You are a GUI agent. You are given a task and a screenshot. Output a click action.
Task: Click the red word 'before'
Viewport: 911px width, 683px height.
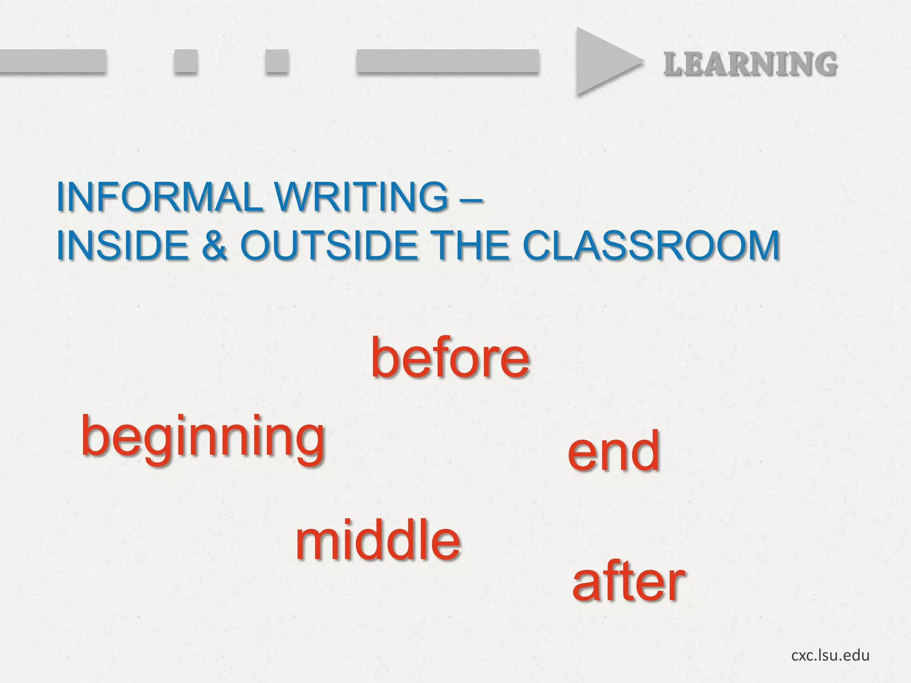click(450, 358)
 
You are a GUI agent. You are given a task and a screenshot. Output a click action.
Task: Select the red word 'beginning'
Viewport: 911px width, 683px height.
click(203, 438)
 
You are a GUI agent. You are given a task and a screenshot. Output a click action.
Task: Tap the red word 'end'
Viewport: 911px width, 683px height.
click(613, 452)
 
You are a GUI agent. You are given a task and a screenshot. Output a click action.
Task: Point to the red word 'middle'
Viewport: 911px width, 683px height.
click(378, 540)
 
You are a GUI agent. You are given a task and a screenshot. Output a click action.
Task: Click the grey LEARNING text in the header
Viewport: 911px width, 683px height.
click(750, 64)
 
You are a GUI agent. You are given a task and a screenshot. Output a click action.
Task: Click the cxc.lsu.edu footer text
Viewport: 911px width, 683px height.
click(830, 655)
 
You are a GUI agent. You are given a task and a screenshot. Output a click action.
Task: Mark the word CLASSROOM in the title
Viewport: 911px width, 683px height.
click(651, 246)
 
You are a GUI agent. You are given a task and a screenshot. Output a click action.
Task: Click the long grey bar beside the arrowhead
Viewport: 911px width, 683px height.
click(447, 61)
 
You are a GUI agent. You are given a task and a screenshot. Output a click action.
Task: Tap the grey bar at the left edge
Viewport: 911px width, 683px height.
click(52, 61)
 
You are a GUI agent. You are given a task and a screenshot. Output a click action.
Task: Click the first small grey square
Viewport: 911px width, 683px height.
click(185, 61)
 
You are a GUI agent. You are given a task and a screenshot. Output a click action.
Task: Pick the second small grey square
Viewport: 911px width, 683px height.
click(277, 61)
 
